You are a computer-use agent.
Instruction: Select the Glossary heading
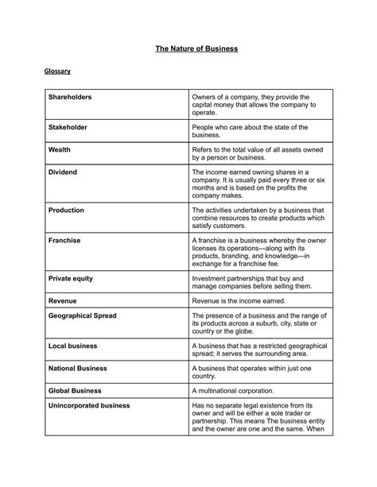click(x=56, y=72)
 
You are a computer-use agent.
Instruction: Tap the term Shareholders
click(x=70, y=97)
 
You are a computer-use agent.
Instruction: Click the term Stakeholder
click(x=68, y=127)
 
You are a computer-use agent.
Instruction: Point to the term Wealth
click(x=60, y=149)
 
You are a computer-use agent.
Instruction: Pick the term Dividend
click(x=63, y=172)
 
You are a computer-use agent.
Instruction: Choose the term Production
click(x=66, y=210)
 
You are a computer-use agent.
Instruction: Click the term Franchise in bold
click(x=64, y=240)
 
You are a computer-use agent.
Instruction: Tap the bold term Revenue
click(x=62, y=301)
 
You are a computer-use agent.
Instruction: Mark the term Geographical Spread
click(x=82, y=316)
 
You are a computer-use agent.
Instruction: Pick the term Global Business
click(x=75, y=391)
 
